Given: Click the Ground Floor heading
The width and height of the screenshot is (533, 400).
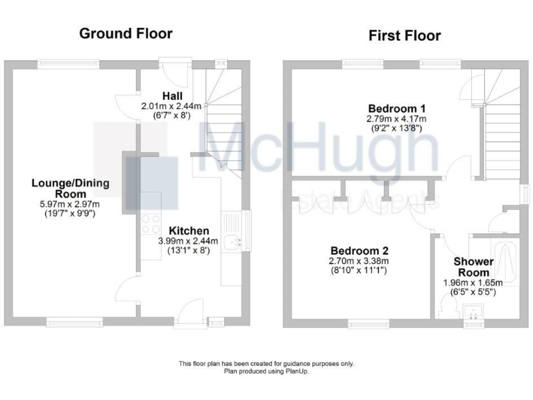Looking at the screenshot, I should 126,33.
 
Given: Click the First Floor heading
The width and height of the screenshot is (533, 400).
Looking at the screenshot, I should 405,35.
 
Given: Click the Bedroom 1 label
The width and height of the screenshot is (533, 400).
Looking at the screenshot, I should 396,109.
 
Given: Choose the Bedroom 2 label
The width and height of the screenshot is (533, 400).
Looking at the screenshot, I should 359,251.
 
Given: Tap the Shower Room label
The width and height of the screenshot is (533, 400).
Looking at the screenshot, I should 473,267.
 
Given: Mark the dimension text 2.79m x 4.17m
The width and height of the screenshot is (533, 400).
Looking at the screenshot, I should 396,119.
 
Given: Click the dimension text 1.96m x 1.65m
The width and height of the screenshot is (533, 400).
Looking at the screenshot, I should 473,283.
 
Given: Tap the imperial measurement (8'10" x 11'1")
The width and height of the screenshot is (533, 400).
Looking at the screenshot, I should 359,270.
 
